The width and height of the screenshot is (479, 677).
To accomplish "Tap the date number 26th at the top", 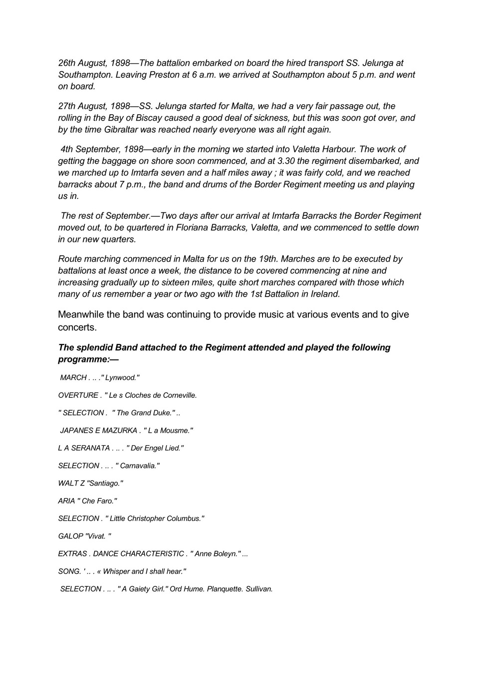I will click(67, 63).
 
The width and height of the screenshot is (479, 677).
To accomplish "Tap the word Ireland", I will click(324, 294).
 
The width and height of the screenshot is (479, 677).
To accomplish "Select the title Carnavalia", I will click(139, 466).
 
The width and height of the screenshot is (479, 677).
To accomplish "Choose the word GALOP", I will click(70, 536).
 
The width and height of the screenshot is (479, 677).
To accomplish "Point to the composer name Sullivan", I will click(259, 589).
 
